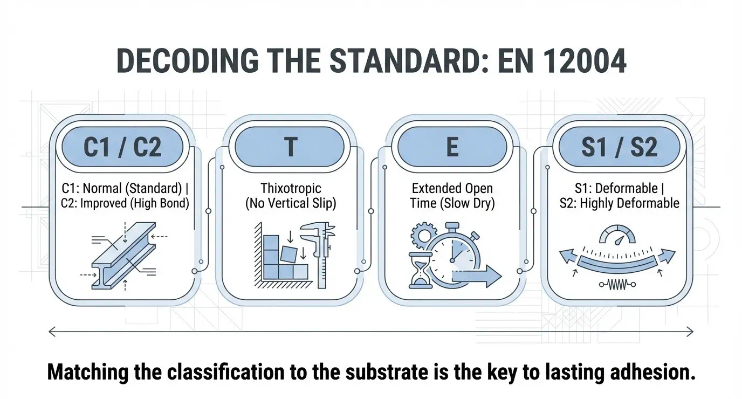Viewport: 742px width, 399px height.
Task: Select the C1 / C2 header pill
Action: tap(122, 147)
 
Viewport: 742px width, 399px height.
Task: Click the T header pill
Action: tap(290, 147)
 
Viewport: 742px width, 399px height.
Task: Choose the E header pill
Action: tap(452, 147)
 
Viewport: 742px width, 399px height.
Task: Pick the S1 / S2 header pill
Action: tap(619, 147)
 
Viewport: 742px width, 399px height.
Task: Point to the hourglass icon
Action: tap(418, 269)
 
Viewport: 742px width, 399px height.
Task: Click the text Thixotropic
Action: tap(291, 189)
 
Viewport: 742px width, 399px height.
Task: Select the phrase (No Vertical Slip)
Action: tap(291, 204)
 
